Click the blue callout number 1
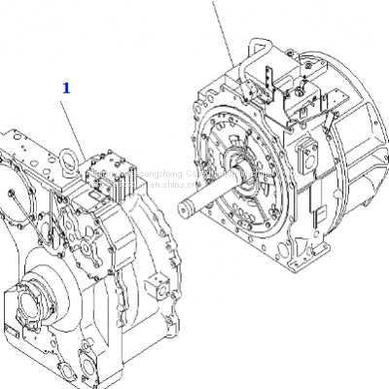tap(66, 88)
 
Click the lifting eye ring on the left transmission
tap(71, 155)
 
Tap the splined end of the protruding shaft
tap(187, 206)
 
